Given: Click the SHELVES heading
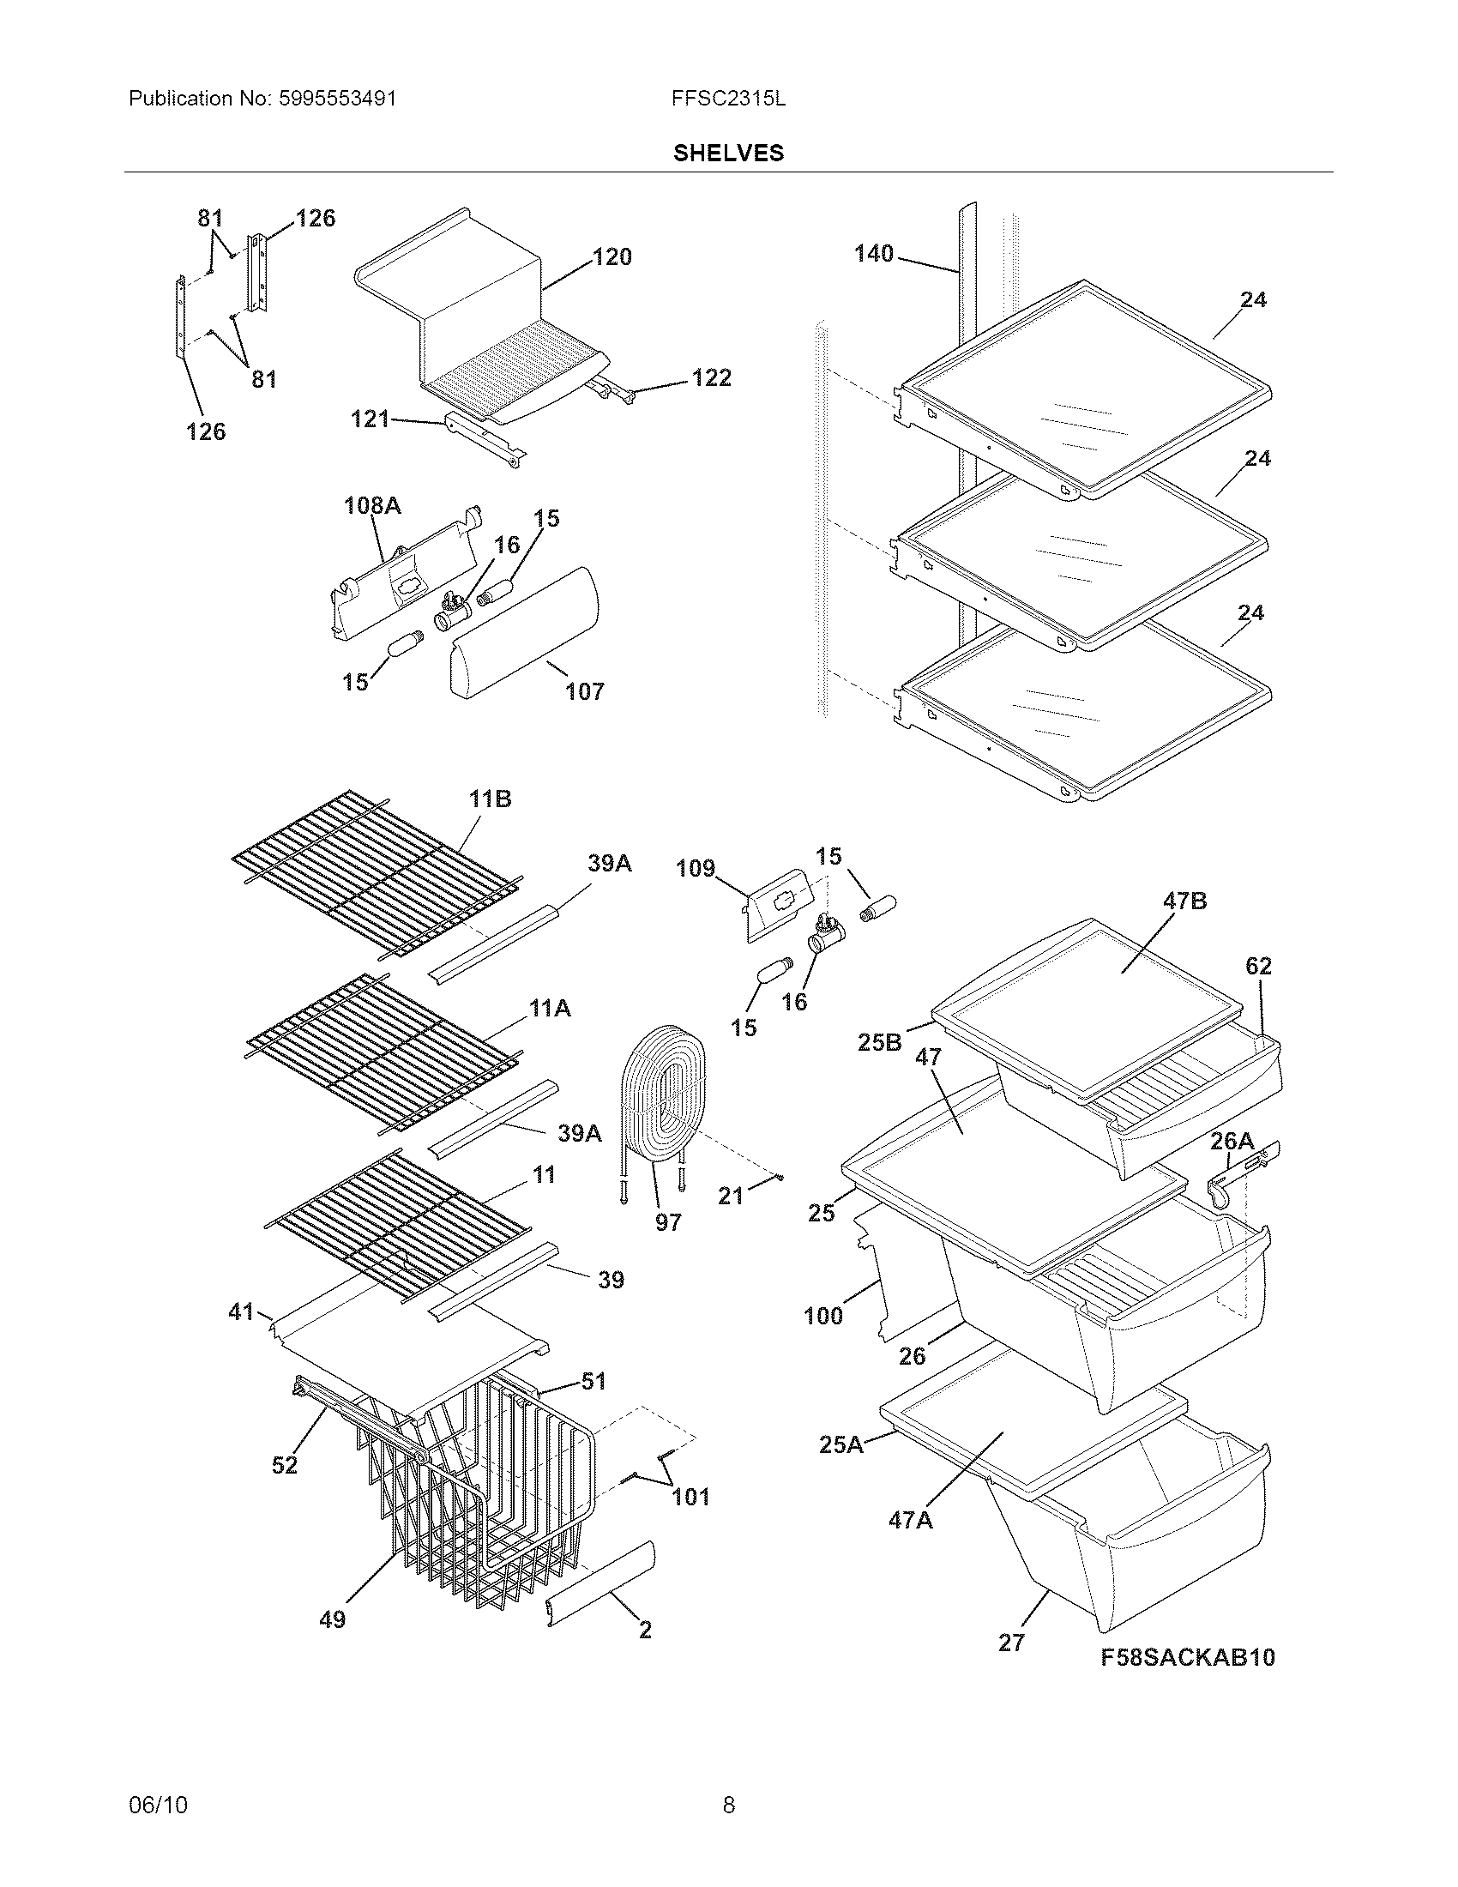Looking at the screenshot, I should tap(728, 153).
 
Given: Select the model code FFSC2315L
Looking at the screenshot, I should tap(728, 99).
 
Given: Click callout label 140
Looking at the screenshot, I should tap(873, 253).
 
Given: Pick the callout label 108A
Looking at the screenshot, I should tap(372, 505).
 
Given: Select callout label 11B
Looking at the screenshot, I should tap(490, 799).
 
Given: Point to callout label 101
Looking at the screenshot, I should tap(691, 1497).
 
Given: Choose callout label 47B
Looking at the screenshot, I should tap(1184, 901).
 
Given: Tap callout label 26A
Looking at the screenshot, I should tap(1232, 1142).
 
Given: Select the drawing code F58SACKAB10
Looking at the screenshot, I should tap(1188, 1657).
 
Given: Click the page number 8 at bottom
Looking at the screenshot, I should tap(728, 1805).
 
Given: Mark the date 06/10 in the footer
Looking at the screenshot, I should tap(158, 1805).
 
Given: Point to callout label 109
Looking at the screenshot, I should tap(696, 867).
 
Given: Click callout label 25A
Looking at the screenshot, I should tap(840, 1444).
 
